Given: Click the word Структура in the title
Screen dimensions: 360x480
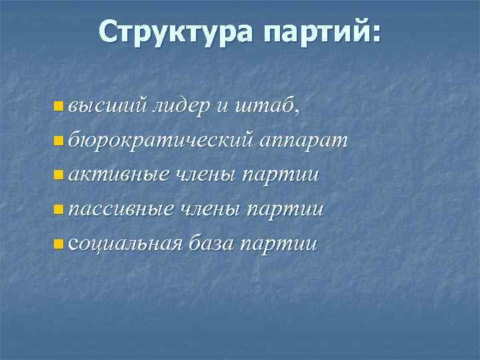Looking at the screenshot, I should click(173, 31).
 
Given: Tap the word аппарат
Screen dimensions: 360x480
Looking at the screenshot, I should click(304, 140).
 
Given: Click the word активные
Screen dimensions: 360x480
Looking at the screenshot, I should click(114, 175).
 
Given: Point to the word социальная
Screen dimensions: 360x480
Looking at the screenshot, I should click(124, 244).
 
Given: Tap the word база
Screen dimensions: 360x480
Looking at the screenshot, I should click(210, 244).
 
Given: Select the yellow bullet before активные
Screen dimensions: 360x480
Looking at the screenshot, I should click(59, 175).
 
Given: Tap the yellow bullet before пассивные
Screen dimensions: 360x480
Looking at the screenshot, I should click(59, 210).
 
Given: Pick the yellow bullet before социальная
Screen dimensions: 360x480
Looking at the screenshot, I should click(59, 245).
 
